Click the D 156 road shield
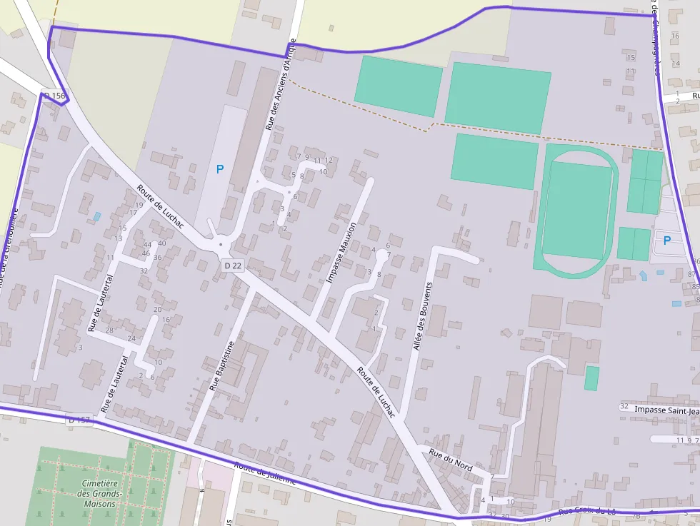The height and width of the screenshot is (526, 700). (54, 96)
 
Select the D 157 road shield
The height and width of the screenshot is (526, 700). (81, 420)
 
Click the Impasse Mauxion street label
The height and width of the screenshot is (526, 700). (341, 252)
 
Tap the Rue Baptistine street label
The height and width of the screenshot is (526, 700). (222, 366)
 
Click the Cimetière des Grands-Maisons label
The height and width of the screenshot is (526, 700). (100, 493)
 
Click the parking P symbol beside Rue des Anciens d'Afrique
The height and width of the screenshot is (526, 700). (220, 169)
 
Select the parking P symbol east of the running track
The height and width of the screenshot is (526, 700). (667, 241)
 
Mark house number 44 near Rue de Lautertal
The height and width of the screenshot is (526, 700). (147, 245)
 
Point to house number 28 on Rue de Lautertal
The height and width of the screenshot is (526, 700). (109, 330)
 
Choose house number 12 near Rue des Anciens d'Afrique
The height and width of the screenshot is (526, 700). (329, 160)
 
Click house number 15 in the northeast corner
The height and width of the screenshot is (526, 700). (630, 57)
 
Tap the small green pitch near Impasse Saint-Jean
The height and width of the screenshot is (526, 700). (591, 378)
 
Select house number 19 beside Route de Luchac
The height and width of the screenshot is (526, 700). (139, 206)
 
